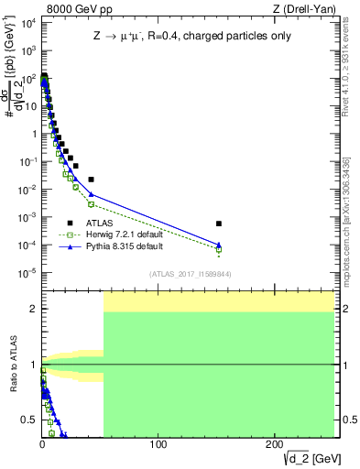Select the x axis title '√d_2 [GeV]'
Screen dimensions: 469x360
click(x=303, y=458)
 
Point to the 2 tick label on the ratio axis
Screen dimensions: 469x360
click(x=32, y=309)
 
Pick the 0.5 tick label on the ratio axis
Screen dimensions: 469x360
click(x=28, y=420)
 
